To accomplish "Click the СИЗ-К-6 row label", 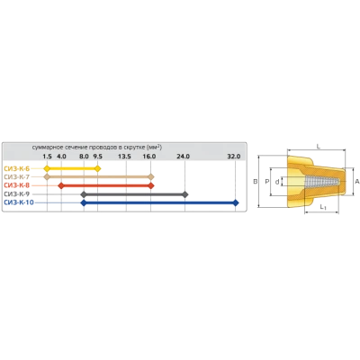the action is click(x=17, y=168).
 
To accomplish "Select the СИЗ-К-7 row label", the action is click(x=17, y=177).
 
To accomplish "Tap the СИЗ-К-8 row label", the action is click(x=17, y=185).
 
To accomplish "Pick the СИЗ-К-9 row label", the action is click(x=17, y=194).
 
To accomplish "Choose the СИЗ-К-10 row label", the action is click(x=19, y=202).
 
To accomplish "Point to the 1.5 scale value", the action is click(x=47, y=157).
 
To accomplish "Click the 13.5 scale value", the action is click(x=124, y=157).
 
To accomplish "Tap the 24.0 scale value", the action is click(x=184, y=157).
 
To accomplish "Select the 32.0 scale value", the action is click(x=234, y=157).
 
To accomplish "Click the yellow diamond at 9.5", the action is click(x=97, y=168).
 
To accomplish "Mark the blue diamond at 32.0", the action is click(x=236, y=202).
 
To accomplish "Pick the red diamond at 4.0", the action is click(x=61, y=185).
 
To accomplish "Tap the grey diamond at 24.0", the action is click(x=185, y=194).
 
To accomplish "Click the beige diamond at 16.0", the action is click(x=151, y=177).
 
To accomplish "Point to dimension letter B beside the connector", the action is click(x=256, y=182).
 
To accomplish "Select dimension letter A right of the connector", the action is click(x=357, y=182).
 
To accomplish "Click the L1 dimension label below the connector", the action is click(x=323, y=207).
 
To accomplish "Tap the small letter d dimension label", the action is click(x=277, y=182).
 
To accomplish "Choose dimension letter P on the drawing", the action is click(x=267, y=182).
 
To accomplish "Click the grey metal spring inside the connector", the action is click(x=322, y=182).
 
